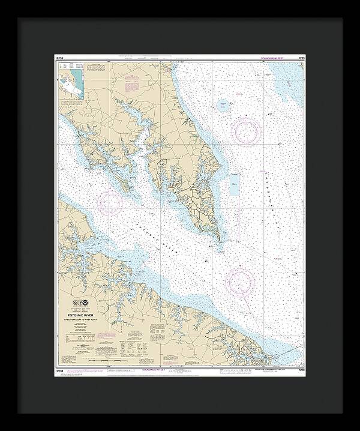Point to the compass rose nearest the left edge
pos(110,203)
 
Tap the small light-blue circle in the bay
pos(223,106)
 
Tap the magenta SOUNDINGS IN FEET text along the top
pos(277,58)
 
